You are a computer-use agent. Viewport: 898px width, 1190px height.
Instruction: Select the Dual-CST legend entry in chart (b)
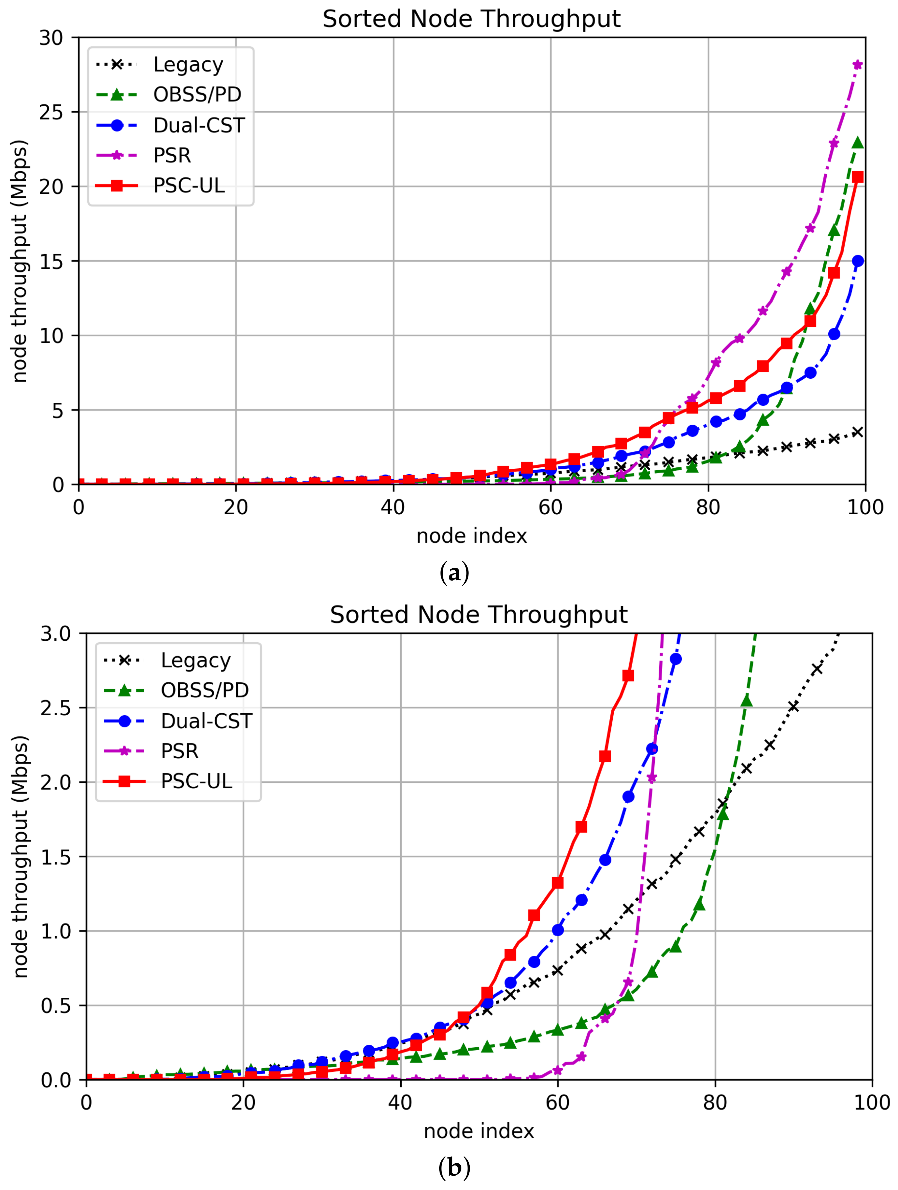click(x=206, y=721)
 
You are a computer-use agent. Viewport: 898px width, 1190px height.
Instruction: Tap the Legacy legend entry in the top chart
click(x=188, y=65)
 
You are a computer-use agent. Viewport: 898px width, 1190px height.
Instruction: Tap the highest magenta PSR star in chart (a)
click(x=858, y=65)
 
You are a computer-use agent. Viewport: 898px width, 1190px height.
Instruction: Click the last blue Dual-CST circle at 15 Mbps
click(x=858, y=261)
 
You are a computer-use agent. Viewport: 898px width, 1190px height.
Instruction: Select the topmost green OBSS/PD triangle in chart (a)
click(x=858, y=143)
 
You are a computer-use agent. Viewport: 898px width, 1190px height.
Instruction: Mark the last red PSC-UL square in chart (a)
click(x=858, y=177)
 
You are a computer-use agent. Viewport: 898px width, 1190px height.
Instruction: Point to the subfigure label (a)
click(x=454, y=573)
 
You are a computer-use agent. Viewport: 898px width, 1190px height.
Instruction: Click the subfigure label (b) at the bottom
click(x=454, y=1168)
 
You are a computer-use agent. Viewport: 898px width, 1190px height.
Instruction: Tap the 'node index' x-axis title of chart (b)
click(x=479, y=1131)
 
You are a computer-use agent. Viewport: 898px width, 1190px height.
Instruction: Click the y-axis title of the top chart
click(x=19, y=261)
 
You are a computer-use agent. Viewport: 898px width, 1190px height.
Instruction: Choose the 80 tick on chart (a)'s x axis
click(x=708, y=507)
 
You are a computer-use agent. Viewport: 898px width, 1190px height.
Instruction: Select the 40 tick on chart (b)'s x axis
click(x=400, y=1103)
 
